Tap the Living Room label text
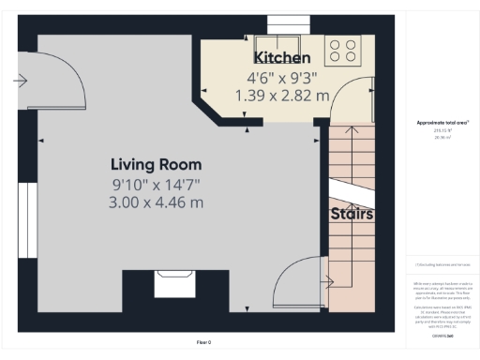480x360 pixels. point(157,165)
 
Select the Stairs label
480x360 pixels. point(352,214)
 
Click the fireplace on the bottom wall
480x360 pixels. point(173,280)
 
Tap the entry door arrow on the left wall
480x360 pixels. point(21,82)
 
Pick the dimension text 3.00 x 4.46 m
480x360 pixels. point(157,202)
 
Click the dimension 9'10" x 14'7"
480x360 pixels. point(157,185)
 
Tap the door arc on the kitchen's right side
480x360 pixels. point(344,98)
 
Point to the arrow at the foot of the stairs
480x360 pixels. point(329,279)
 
